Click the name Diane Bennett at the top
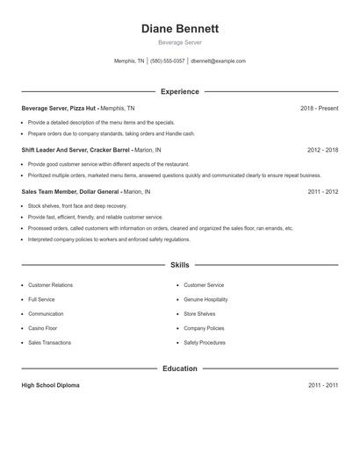[x=179, y=29]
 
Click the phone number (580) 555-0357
[x=167, y=61]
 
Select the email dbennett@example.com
[x=218, y=61]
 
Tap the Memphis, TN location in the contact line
[x=129, y=61]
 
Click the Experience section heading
[x=179, y=91]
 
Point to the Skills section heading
[x=179, y=264]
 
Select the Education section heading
[x=179, y=368]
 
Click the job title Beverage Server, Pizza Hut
[x=60, y=108]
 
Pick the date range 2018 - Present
[x=319, y=108]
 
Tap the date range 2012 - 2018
[x=322, y=149]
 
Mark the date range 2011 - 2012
[x=322, y=190]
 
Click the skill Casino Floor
[x=44, y=328]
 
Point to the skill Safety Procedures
[x=205, y=342]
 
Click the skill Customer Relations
[x=50, y=285]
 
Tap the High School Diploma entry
[x=50, y=385]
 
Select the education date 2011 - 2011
[x=322, y=385]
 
